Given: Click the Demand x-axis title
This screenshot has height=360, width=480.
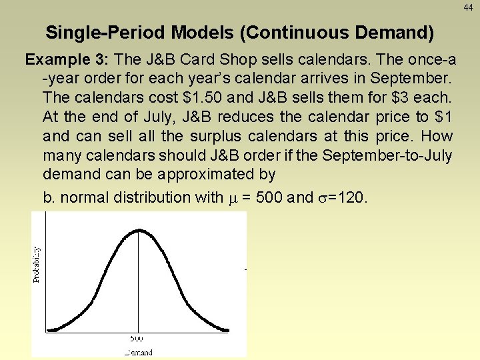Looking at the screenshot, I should click(138, 352).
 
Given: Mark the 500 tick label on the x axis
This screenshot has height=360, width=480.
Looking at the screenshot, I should click(138, 339).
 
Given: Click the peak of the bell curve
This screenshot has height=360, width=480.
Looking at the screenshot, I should click(138, 230).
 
